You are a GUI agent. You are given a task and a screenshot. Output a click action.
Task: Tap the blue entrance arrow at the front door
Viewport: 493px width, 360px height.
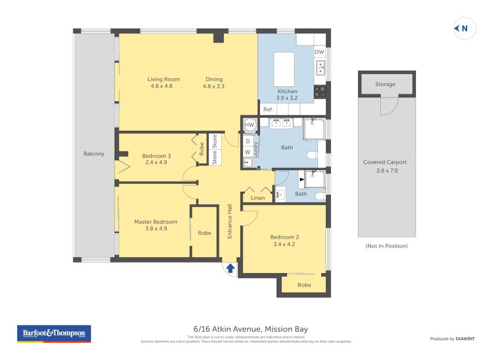(230, 268)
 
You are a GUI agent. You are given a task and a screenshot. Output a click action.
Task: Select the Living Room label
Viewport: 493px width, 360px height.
(163, 79)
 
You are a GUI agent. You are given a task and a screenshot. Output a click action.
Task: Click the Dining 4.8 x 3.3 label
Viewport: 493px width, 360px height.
(214, 83)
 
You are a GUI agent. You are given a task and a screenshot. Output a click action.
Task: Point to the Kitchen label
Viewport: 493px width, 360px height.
(287, 91)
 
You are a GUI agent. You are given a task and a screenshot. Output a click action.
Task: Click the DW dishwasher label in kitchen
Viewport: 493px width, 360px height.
(319, 52)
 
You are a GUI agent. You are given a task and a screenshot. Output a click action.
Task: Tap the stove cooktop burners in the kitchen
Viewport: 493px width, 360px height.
(320, 91)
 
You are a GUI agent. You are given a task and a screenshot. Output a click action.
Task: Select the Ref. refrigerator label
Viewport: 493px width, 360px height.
(268, 109)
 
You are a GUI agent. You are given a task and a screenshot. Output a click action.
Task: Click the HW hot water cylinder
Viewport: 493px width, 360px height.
(250, 125)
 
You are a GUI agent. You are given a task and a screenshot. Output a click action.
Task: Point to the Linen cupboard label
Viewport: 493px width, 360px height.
(258, 198)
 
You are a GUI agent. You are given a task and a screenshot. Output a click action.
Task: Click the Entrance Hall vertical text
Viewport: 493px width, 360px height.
(229, 221)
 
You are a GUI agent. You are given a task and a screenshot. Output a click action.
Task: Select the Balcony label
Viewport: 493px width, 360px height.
(94, 153)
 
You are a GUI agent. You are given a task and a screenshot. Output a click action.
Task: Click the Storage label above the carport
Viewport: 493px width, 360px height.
(386, 84)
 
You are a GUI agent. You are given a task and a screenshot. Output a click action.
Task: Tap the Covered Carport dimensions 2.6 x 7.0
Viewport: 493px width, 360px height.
(385, 170)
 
